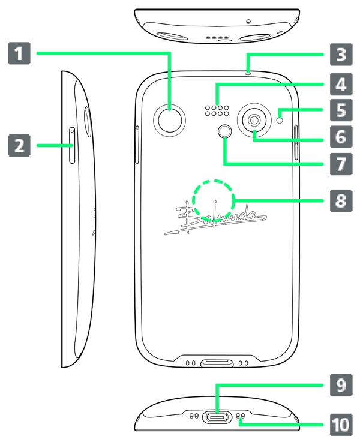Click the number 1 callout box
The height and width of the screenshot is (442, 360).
[x=19, y=53]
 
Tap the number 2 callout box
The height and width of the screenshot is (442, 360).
[x=19, y=145]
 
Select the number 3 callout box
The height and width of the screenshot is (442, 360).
[x=341, y=55]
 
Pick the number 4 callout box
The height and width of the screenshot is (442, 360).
[x=341, y=84]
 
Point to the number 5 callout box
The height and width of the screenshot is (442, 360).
[x=341, y=110]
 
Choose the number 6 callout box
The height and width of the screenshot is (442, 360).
[x=341, y=137]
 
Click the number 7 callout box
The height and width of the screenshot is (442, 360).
[x=341, y=164]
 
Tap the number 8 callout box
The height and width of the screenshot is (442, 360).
[x=341, y=200]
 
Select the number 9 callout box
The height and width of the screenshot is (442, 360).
[x=341, y=385]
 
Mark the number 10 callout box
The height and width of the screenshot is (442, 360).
[x=341, y=425]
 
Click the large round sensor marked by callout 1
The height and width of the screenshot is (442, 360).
[x=169, y=121]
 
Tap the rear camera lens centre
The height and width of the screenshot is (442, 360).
[x=254, y=120]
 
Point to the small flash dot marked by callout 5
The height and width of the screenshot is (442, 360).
[x=280, y=120]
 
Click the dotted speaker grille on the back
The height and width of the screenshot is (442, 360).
[x=217, y=110]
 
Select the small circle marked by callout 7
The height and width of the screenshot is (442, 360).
[x=225, y=131]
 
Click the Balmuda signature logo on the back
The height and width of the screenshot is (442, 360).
[x=215, y=218]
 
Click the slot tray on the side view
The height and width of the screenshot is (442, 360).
[x=72, y=145]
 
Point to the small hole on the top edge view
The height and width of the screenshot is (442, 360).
[x=248, y=22]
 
